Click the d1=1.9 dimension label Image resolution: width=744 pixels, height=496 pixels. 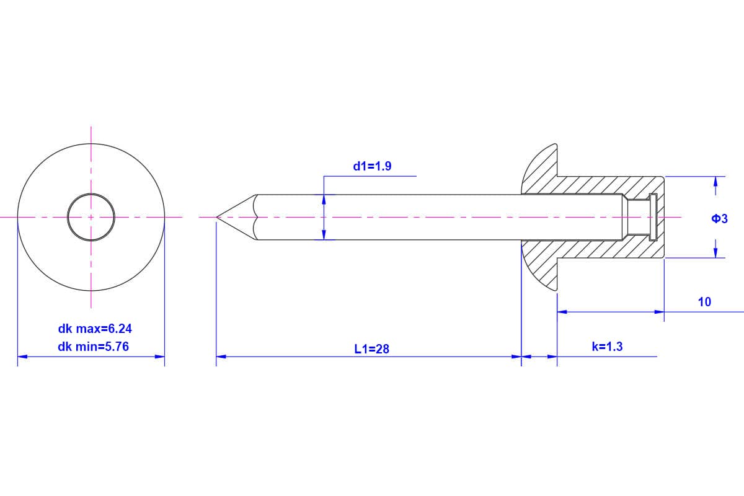click(x=372, y=166)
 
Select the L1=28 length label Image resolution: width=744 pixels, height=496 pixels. click(x=371, y=349)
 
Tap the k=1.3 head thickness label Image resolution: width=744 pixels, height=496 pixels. click(x=607, y=347)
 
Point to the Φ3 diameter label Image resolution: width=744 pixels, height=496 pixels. click(x=719, y=218)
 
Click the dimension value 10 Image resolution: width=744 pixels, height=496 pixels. click(x=704, y=302)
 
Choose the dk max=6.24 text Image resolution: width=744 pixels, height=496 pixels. click(x=95, y=329)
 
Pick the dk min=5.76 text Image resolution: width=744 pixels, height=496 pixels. click(x=94, y=347)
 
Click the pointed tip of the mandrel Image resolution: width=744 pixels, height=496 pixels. click(x=217, y=217)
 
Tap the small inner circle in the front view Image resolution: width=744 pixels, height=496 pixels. click(x=91, y=193)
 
